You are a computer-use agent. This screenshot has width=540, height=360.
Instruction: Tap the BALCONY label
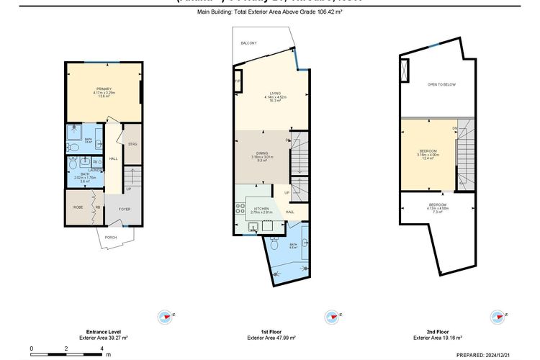[x=249, y=43]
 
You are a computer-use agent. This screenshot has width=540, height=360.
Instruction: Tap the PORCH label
[x=111, y=237]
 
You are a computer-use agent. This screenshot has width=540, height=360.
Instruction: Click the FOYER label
[x=125, y=210]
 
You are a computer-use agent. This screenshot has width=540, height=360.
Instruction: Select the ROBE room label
[x=78, y=207]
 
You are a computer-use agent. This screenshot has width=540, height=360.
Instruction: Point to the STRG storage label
[x=132, y=145]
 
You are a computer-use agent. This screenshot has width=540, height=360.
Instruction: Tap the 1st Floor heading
[x=271, y=333]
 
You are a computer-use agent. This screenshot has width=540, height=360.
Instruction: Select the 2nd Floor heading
[x=437, y=333]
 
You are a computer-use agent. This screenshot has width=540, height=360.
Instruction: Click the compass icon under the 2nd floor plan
[x=497, y=316]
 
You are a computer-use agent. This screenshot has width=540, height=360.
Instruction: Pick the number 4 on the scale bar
[x=102, y=348]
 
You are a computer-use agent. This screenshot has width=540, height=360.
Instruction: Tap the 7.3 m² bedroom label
[x=438, y=205]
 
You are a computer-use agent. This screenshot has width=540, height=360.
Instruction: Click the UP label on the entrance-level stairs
[x=129, y=190]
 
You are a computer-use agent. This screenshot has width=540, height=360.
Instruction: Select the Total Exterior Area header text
[x=269, y=13]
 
